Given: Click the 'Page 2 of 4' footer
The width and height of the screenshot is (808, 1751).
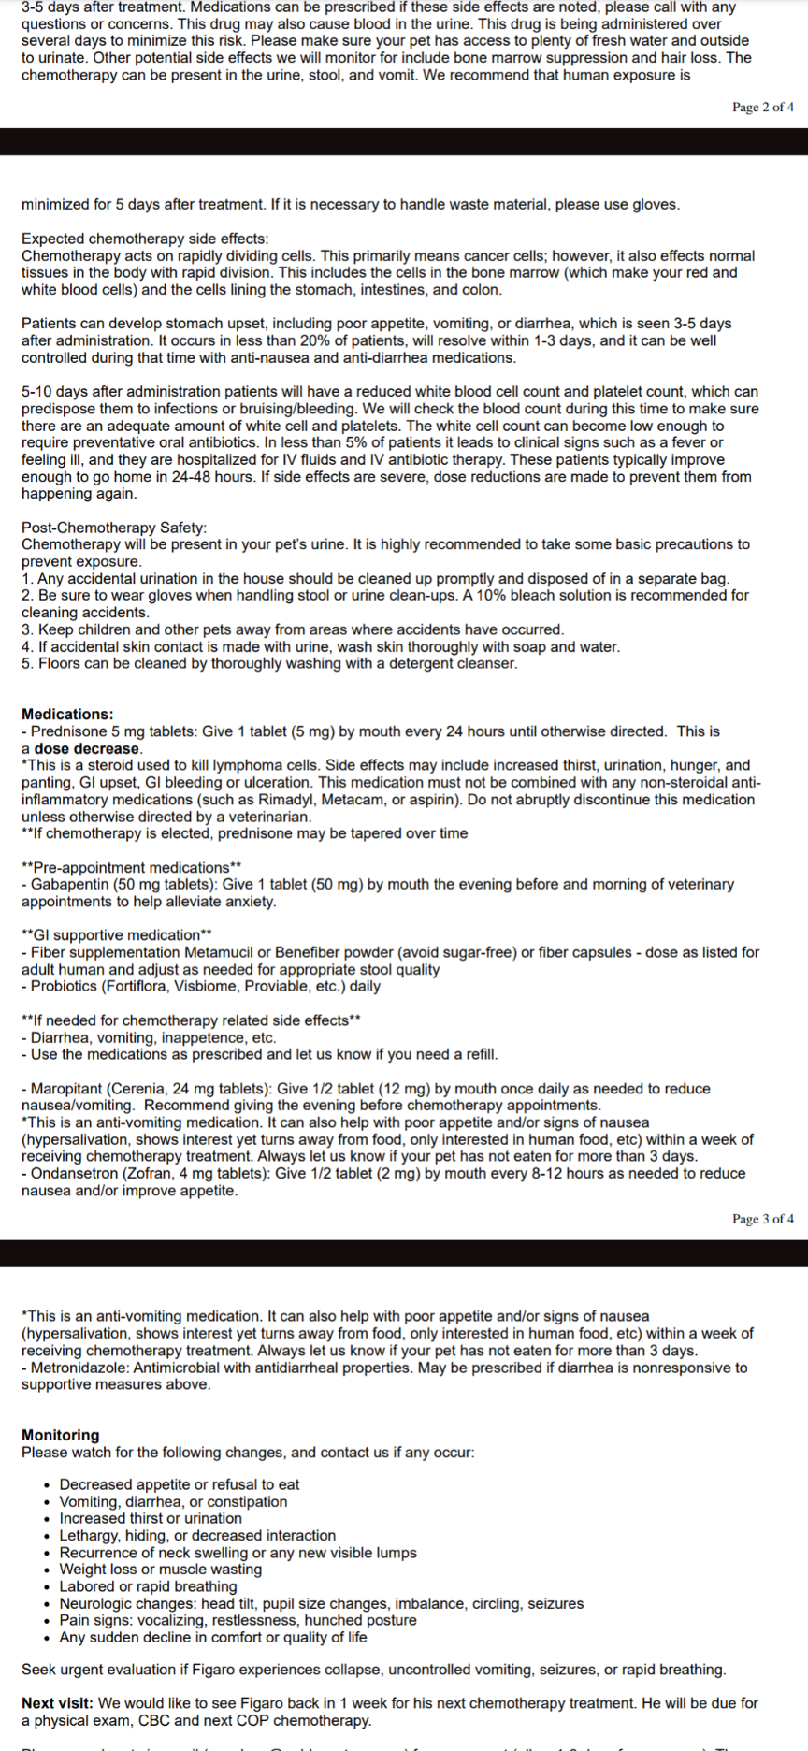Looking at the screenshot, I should [762, 108].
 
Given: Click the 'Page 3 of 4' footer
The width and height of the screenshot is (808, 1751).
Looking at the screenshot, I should [762, 1219].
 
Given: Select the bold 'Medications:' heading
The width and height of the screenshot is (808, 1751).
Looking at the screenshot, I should [67, 715].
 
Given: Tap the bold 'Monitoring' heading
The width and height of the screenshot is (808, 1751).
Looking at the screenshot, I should [60, 1435].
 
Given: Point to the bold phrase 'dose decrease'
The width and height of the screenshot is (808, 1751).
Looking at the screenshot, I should [87, 748].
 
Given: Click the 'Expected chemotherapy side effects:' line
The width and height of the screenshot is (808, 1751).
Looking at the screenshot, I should [145, 239].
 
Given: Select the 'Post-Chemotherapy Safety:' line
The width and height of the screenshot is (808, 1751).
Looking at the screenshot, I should [114, 528].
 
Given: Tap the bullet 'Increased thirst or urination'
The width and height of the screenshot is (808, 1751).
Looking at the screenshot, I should [151, 1518].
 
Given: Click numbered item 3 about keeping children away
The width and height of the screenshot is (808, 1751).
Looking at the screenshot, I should [292, 629].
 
